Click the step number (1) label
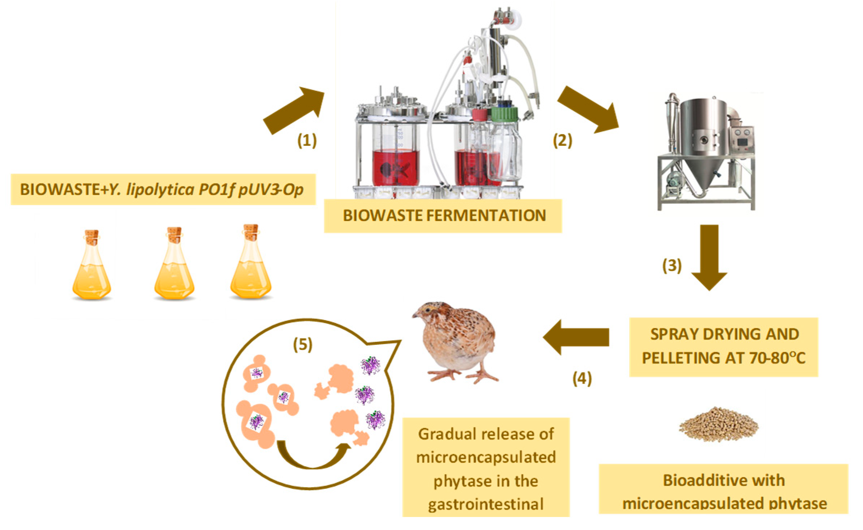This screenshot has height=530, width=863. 307,140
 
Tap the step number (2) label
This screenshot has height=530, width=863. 562,140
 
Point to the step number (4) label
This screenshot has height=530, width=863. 582,378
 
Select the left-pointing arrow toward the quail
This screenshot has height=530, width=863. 576,337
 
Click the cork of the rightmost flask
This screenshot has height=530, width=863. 251,232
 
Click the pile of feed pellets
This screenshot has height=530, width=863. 719,425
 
